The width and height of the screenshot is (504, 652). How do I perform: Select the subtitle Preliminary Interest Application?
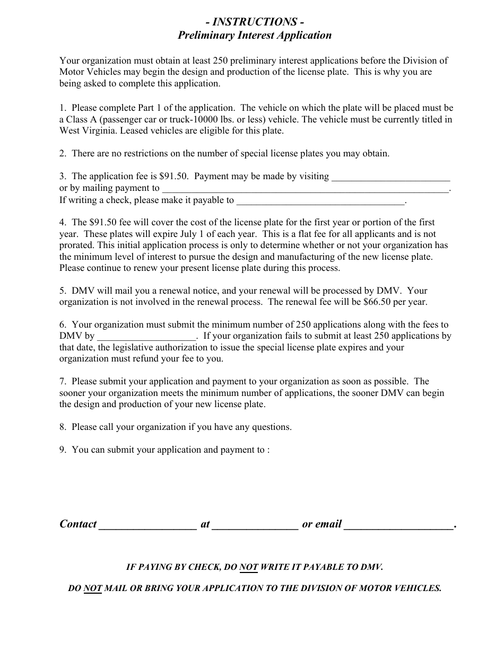(x=255, y=36)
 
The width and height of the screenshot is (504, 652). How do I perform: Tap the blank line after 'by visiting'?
(x=390, y=177)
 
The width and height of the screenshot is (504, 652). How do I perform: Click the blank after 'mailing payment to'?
(x=305, y=188)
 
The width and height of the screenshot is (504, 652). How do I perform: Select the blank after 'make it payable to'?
(x=320, y=201)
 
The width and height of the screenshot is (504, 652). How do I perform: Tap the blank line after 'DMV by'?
(x=146, y=336)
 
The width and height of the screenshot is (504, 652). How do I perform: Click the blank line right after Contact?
(x=147, y=525)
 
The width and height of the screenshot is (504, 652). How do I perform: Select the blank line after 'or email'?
(x=399, y=525)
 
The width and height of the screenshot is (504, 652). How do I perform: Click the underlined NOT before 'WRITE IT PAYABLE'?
(x=248, y=567)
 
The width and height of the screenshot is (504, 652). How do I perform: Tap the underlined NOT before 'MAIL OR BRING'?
(x=93, y=588)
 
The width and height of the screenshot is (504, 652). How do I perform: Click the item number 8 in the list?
(x=62, y=427)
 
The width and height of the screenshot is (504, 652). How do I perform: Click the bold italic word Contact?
(x=78, y=524)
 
